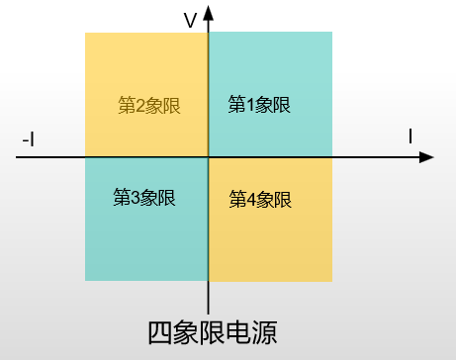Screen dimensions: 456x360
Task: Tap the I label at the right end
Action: (x=411, y=136)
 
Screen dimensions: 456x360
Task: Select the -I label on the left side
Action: (x=29, y=141)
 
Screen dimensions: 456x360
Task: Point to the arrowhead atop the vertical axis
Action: (x=209, y=12)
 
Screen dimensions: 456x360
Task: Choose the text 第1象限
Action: (x=259, y=105)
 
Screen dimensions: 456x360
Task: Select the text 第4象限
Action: (x=260, y=199)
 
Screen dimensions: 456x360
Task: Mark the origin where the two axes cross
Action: (x=209, y=157)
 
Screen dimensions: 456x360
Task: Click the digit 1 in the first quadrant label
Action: (x=249, y=105)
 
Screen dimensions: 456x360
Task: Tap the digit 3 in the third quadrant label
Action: (x=135, y=197)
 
